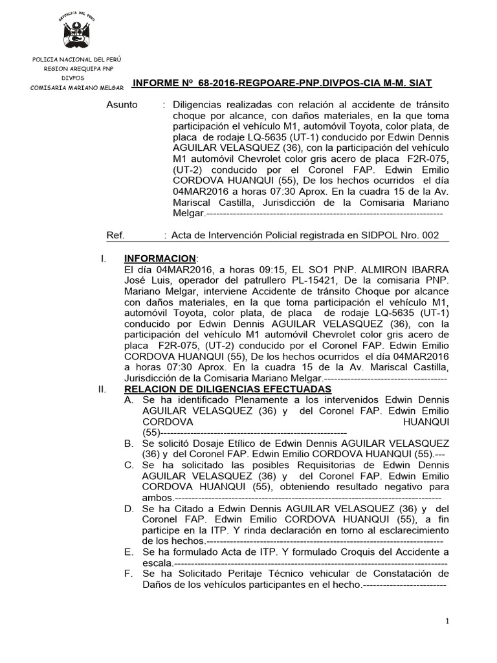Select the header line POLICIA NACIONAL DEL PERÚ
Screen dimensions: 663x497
click(x=77, y=60)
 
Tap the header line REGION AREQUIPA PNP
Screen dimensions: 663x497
click(x=77, y=68)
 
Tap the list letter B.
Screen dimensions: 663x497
click(x=129, y=444)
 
